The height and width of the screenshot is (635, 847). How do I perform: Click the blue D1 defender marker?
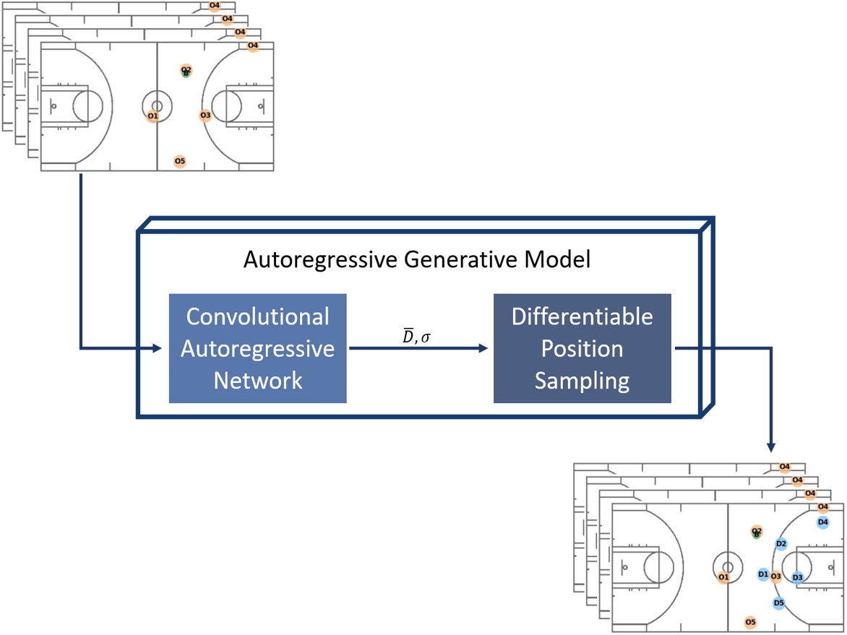pyautogui.click(x=763, y=574)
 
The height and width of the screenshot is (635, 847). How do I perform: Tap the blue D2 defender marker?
pyautogui.click(x=781, y=544)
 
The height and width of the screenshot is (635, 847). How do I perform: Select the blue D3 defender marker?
pyautogui.click(x=797, y=576)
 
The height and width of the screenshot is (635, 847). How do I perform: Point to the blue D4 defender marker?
pyautogui.click(x=822, y=522)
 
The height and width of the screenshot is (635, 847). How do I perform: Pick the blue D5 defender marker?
pyautogui.click(x=778, y=602)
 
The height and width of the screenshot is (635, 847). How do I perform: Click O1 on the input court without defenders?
pyautogui.click(x=152, y=116)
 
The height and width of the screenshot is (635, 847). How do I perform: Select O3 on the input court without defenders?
pyautogui.click(x=205, y=115)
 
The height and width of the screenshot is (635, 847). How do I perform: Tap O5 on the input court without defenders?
pyautogui.click(x=180, y=161)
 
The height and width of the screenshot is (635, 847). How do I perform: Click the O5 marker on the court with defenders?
pyautogui.click(x=750, y=622)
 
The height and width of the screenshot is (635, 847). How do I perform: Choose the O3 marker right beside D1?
pyautogui.click(x=776, y=576)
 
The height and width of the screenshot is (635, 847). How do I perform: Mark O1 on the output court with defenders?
pyautogui.click(x=723, y=577)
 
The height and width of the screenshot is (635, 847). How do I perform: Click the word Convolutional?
pyautogui.click(x=257, y=316)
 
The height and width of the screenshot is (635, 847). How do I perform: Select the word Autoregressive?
pyautogui.click(x=257, y=348)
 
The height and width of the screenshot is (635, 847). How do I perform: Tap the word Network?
pyautogui.click(x=257, y=380)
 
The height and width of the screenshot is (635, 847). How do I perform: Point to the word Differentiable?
pyautogui.click(x=582, y=316)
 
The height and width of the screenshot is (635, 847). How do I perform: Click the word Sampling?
pyautogui.click(x=582, y=380)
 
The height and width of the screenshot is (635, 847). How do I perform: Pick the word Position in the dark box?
pyautogui.click(x=582, y=348)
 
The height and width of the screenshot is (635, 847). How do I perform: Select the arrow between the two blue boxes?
pyautogui.click(x=419, y=348)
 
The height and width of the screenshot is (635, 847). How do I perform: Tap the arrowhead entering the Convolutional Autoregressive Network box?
pyautogui.click(x=157, y=349)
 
